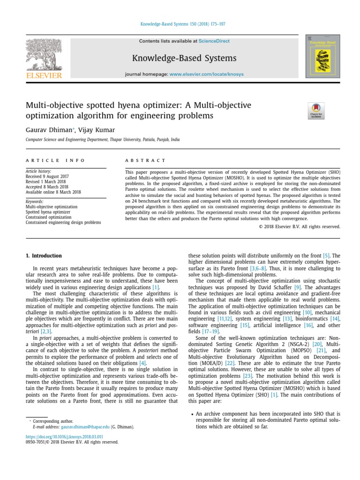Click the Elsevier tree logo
(43, 57)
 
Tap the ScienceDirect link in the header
(214, 41)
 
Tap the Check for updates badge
(316, 110)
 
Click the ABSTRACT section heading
(145, 160)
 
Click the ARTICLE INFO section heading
(55, 160)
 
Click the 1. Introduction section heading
(43, 255)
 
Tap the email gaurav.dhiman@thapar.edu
(85, 427)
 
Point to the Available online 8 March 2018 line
(53, 192)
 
